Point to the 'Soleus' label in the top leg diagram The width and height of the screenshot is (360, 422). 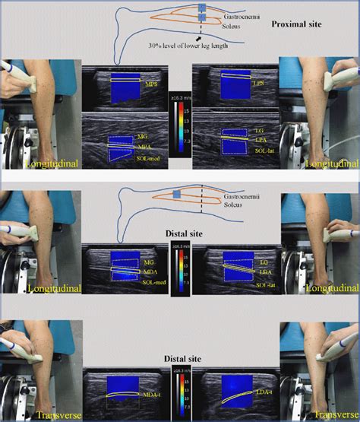click(232, 25)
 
